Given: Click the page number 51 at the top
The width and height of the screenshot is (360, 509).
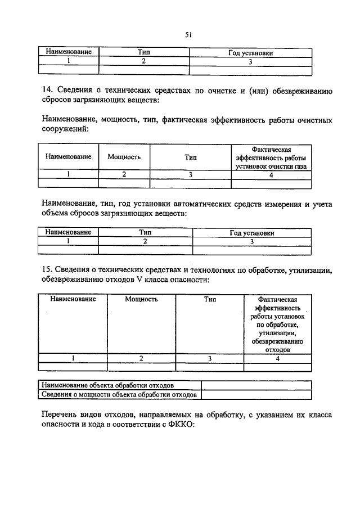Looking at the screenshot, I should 188,35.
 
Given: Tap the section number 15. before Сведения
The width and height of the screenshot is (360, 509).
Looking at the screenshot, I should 48,269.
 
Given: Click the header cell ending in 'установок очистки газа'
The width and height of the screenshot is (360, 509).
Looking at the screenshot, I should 271,158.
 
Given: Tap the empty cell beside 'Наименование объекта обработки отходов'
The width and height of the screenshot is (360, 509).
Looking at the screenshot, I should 256,385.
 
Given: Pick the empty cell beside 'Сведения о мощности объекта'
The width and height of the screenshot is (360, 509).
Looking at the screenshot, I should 256,394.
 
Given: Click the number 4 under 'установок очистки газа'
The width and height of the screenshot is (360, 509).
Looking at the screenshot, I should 271,174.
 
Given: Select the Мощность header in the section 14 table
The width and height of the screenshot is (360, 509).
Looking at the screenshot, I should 124,157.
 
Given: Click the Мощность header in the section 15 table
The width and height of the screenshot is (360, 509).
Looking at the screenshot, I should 141,299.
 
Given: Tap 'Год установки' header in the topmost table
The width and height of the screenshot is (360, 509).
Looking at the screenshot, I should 251,53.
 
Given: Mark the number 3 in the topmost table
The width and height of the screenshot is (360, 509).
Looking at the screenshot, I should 251,61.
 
